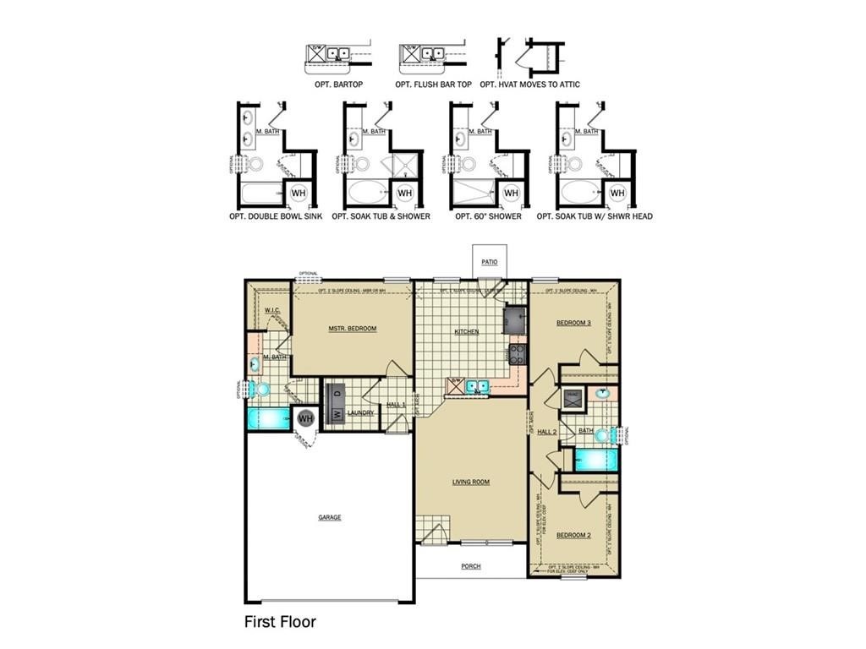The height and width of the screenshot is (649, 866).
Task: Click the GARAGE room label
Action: [x=330, y=517]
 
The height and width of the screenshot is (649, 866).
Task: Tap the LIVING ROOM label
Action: [x=470, y=483]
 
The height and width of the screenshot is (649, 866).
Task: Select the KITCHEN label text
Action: [x=467, y=332]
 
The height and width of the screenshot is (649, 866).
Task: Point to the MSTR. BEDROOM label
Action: [x=353, y=329]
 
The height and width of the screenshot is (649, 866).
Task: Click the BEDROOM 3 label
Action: [x=573, y=323]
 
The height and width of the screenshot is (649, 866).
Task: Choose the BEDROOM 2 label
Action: [x=573, y=536]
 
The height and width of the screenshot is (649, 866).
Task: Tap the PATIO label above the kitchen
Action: [x=490, y=262]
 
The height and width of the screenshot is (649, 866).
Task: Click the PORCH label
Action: [x=470, y=566]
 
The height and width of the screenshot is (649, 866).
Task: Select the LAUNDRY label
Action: [x=360, y=413]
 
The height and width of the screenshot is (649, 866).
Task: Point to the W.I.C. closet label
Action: [x=271, y=310]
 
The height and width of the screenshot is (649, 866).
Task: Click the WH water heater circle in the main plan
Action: [x=305, y=418]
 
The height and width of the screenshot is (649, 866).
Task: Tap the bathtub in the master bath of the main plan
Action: [x=267, y=418]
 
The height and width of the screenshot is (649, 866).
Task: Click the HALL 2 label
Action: [x=547, y=432]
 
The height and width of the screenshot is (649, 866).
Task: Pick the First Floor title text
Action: [x=280, y=623]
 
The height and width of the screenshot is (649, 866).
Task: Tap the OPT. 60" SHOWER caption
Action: [x=488, y=216]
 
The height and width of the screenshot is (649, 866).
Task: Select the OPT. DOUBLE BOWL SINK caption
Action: [x=276, y=216]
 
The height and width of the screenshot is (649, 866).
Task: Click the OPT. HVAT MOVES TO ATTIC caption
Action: [x=529, y=85]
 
